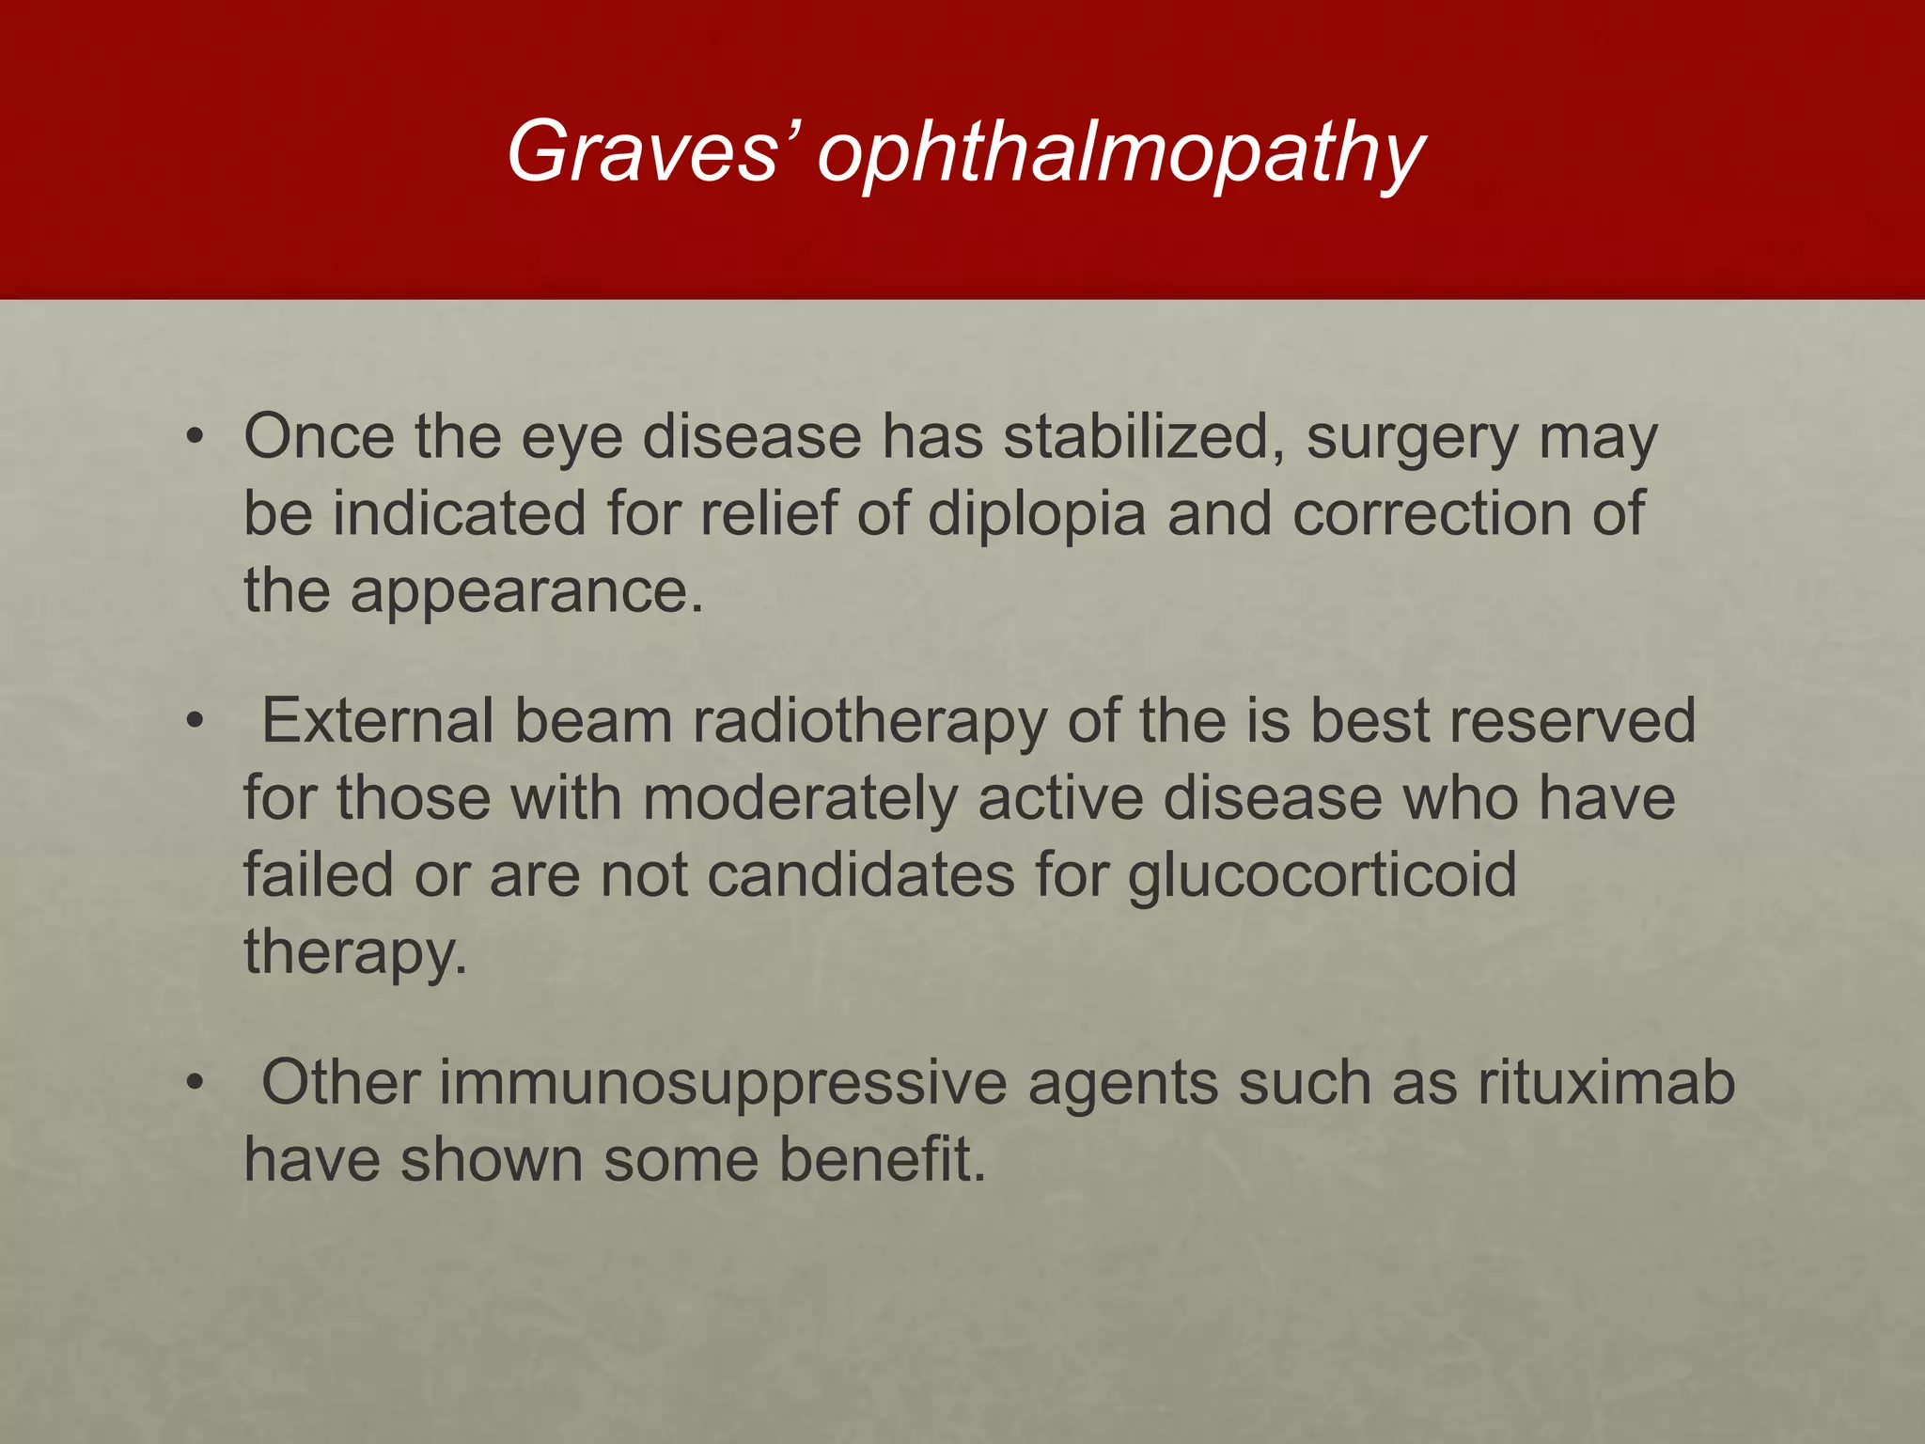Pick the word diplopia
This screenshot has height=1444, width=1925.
pos(1037,515)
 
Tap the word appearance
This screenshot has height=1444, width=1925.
pos(526,592)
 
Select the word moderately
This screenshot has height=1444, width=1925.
pos(800,799)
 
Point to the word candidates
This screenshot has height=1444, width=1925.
pos(861,875)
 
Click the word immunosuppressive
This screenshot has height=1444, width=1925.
pos(723,1083)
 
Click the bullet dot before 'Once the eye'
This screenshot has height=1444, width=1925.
pos(195,437)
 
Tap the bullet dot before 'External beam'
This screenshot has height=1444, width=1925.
pos(195,722)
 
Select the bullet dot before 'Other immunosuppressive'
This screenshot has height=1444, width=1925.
pos(195,1083)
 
